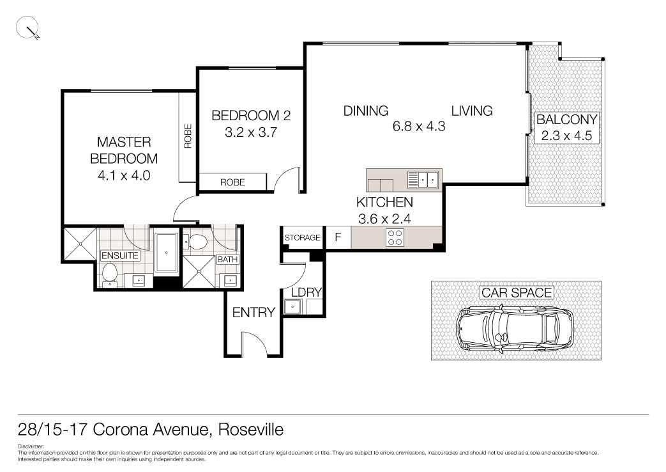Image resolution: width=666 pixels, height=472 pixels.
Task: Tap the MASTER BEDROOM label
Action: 124,150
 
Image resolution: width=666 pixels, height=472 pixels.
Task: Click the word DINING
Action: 366,111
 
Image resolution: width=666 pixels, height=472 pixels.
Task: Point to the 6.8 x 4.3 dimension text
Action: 418,126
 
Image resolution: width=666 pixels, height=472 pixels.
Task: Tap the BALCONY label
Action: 566,119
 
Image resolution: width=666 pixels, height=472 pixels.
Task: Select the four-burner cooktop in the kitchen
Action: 395,238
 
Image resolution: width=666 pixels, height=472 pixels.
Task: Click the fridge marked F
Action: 338,238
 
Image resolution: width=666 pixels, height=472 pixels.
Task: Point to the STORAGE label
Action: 302,238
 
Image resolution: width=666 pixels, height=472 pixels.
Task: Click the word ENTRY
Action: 254,313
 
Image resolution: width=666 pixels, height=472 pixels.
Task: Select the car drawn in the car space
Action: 515,326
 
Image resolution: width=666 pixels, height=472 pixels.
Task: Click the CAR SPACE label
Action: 517,293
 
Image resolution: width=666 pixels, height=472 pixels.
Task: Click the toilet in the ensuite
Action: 109,273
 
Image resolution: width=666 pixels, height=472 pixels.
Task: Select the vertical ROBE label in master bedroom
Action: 188,136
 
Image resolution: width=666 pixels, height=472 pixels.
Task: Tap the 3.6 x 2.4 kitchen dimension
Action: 384,217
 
